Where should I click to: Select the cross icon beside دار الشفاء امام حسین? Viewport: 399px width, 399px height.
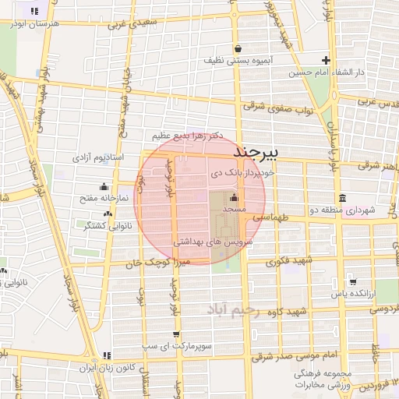click(327, 61)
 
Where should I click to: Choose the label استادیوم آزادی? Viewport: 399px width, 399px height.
click(94, 157)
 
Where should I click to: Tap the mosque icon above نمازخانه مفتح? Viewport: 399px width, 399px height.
click(104, 187)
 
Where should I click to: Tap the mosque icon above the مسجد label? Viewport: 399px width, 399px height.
click(235, 198)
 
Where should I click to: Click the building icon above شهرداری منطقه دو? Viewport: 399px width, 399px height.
click(342, 198)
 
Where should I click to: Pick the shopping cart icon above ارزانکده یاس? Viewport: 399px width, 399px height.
click(352, 282)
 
